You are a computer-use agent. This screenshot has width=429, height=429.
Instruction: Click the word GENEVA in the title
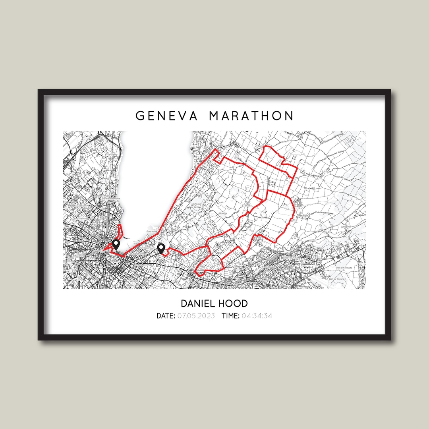(x=166, y=116)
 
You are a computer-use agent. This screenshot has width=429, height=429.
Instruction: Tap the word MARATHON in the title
(x=251, y=116)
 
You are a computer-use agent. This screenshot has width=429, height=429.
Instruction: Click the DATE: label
(x=166, y=316)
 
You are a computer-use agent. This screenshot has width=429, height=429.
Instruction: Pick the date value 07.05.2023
(x=196, y=316)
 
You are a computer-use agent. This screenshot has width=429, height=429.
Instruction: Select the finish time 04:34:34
(x=257, y=316)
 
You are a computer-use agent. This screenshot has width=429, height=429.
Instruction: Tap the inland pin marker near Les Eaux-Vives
(x=161, y=249)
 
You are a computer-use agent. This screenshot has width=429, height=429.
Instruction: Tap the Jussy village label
(x=327, y=172)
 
